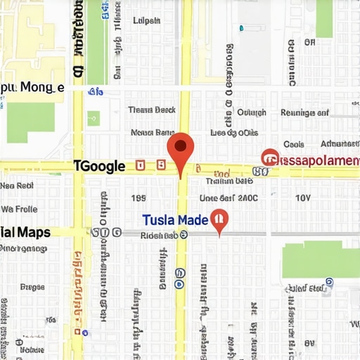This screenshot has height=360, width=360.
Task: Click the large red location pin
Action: [181, 149]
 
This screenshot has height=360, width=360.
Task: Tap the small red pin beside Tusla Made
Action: [219, 221]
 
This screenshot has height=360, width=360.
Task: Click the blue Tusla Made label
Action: [174, 220]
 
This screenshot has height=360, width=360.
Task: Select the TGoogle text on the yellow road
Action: [99, 167]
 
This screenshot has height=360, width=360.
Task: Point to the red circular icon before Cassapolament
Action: [269, 158]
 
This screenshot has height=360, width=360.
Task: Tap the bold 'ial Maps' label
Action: [25, 232]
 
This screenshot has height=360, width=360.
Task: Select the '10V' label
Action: [303, 198]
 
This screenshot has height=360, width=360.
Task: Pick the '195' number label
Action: [138, 198]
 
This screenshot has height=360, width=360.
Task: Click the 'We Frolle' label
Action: [19, 209]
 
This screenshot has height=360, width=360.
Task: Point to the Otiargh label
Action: [251, 112]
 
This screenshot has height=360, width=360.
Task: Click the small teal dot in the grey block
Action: [241, 28]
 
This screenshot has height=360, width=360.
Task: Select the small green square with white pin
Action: [94, 118]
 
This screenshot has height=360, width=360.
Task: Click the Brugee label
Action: [32, 287]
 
